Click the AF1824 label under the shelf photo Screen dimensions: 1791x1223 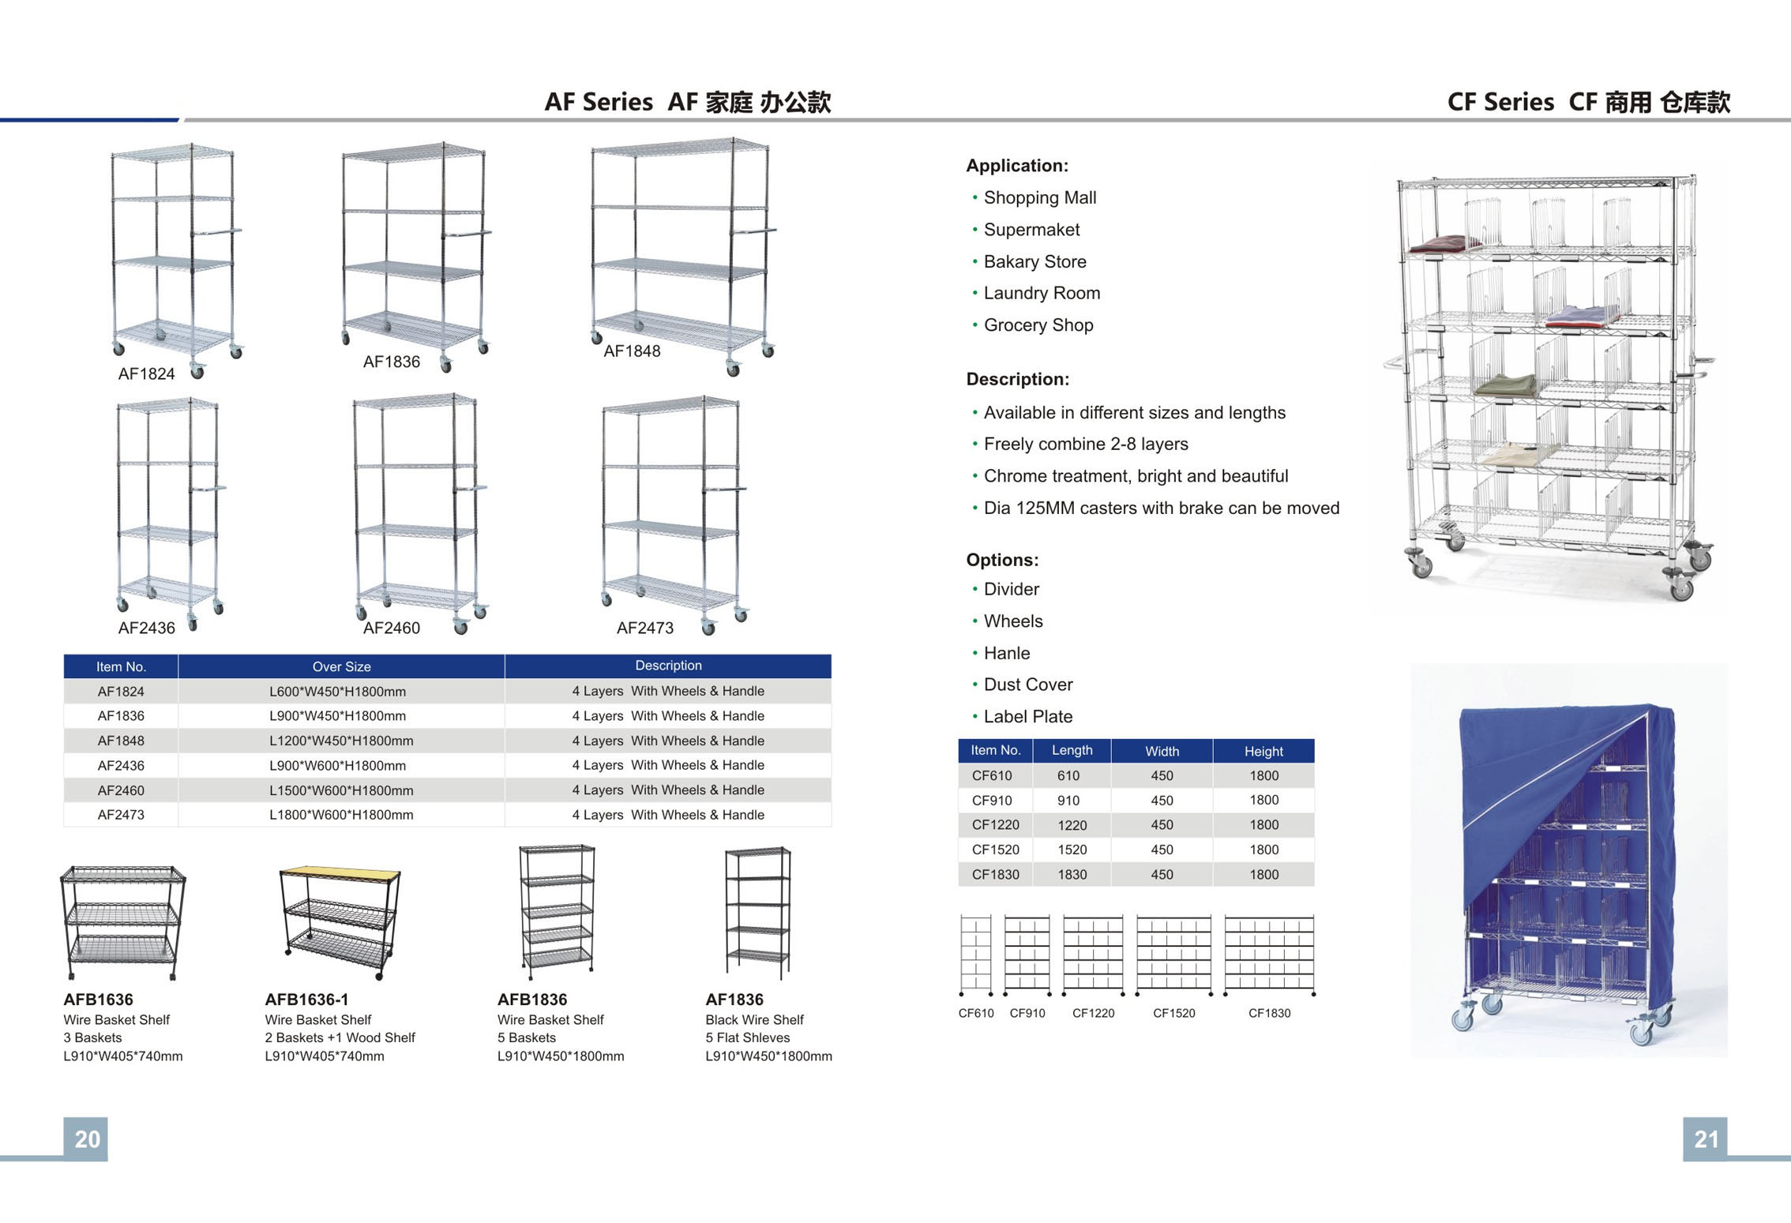point(146,374)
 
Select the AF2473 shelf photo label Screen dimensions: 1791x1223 point(645,628)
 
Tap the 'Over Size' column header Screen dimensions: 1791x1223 point(341,667)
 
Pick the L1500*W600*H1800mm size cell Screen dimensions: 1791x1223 point(341,790)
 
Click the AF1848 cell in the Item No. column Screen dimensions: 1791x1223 point(121,741)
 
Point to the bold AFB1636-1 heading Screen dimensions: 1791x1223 point(306,1000)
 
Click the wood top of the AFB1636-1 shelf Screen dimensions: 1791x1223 point(340,873)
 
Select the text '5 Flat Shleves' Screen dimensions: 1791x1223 point(747,1037)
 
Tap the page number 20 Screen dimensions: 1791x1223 point(87,1139)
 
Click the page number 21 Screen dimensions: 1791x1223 point(1705,1139)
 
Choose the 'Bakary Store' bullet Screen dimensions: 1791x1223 point(1034,261)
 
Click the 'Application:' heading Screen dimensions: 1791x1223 point(1017,166)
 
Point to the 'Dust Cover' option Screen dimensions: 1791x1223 point(1028,685)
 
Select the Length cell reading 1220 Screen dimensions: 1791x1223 point(1072,825)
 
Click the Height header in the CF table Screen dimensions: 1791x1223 point(1263,751)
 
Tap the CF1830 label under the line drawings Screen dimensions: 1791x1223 point(1269,1013)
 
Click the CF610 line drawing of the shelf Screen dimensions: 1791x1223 point(976,955)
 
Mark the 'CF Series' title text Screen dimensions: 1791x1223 point(1500,102)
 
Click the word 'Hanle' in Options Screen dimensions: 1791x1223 point(1007,653)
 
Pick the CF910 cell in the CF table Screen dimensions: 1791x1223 point(992,801)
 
